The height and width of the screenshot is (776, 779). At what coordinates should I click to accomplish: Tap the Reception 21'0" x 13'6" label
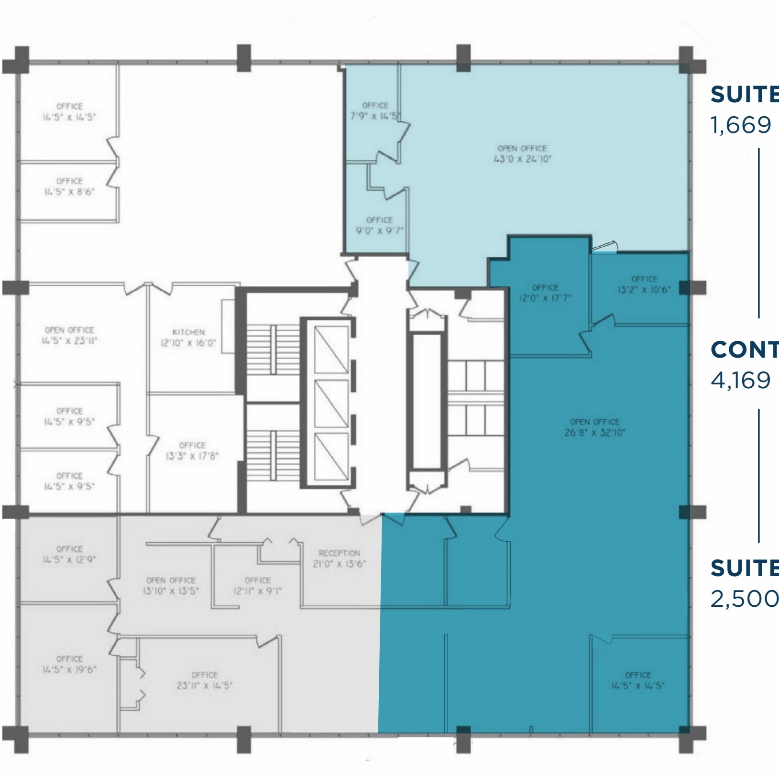tap(339, 558)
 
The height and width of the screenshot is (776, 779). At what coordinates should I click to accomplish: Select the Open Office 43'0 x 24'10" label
tap(522, 154)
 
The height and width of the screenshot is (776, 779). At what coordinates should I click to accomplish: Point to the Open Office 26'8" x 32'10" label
tap(594, 427)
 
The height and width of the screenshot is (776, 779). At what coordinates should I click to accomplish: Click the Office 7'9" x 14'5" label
tap(375, 111)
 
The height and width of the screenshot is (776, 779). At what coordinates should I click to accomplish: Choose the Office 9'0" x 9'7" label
tap(379, 225)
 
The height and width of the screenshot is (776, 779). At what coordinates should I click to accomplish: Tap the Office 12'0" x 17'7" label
tap(545, 293)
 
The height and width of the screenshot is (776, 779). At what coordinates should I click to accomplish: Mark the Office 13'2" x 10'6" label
tap(644, 284)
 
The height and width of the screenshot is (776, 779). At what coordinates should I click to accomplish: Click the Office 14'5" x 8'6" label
tap(69, 186)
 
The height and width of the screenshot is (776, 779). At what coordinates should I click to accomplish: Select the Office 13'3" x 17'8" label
tap(192, 450)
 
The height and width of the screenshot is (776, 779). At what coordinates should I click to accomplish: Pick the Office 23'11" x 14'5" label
tap(204, 680)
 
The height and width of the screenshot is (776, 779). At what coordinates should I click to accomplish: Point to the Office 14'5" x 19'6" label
tap(69, 664)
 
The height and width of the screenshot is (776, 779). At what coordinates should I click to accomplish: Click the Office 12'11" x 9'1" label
tap(258, 586)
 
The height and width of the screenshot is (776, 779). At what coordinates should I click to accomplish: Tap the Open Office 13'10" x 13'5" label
tap(171, 586)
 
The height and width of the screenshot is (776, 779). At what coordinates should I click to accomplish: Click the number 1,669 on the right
tap(741, 125)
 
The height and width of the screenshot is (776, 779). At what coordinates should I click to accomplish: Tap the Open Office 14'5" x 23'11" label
tap(69, 335)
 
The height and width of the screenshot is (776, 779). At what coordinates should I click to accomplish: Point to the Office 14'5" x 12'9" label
tap(69, 554)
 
